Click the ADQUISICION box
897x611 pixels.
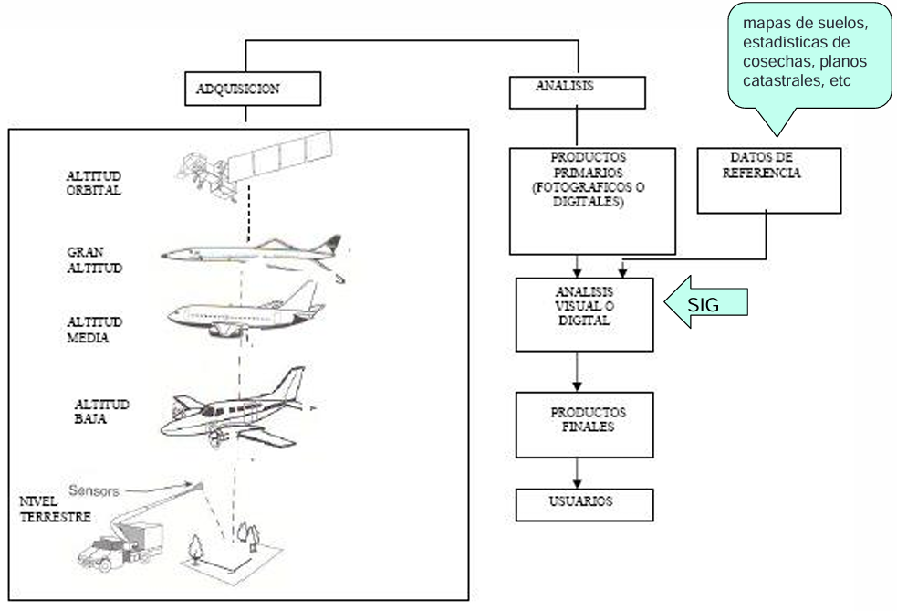[x=252, y=89]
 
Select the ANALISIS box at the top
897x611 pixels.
[x=578, y=91]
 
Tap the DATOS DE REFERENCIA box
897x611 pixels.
[x=769, y=181]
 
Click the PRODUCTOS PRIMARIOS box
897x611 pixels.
[x=592, y=201]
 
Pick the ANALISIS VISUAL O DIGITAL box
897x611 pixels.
[x=584, y=314]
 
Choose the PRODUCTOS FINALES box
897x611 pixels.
[x=584, y=425]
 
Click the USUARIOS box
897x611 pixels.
[x=584, y=504]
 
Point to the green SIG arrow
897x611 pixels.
[x=706, y=301]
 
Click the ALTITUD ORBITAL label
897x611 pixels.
[x=94, y=184]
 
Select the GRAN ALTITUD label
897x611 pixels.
[x=94, y=260]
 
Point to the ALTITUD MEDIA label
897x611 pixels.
[x=94, y=330]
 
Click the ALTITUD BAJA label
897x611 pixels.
[x=101, y=411]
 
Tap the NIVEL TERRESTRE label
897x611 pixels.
[x=55, y=509]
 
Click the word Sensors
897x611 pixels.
[x=94, y=490]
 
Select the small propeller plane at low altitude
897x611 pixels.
[x=237, y=407]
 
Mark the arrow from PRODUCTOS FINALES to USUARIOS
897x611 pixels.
[x=577, y=473]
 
